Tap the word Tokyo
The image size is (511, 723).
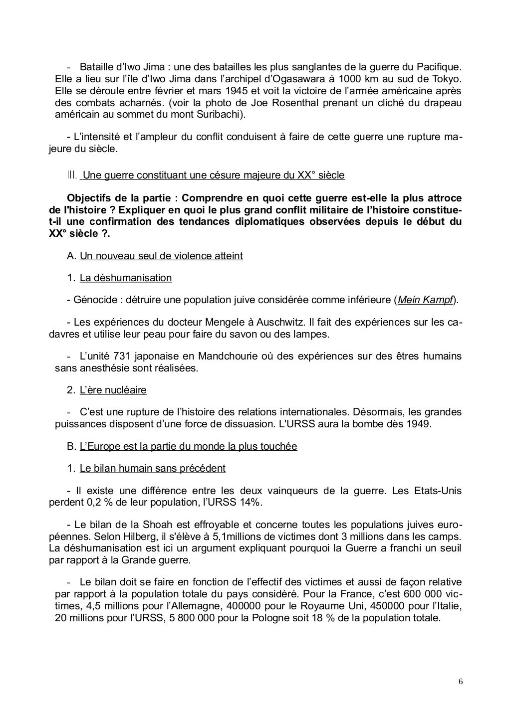[x=447, y=79]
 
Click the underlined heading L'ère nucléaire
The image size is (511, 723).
[x=113, y=390]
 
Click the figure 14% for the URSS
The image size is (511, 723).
[x=249, y=502]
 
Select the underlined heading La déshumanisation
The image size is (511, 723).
[x=125, y=278]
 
